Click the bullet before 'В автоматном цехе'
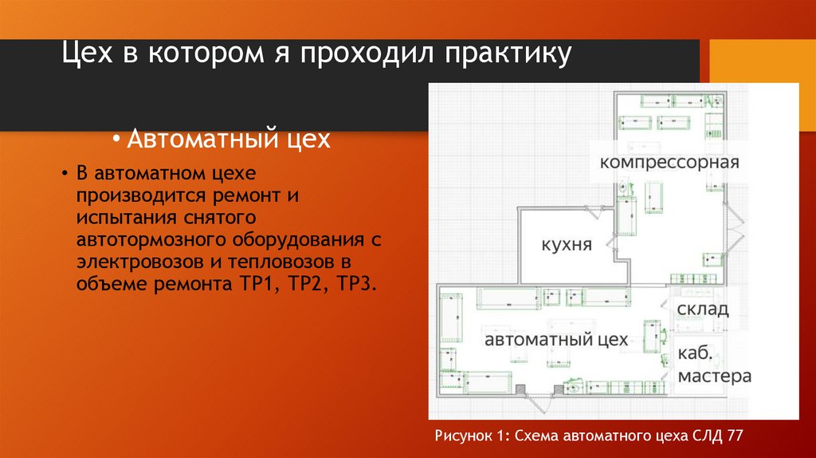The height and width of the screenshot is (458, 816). click(66, 174)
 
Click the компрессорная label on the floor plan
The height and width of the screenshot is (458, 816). click(670, 162)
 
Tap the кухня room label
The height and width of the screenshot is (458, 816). click(566, 244)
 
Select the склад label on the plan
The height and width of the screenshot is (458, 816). click(703, 309)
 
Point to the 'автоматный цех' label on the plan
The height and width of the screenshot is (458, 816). click(556, 340)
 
